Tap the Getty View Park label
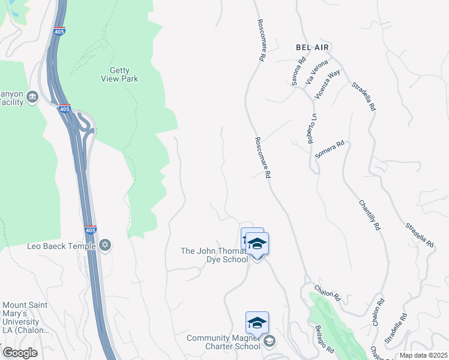[x=124, y=74]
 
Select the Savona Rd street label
[x=298, y=71]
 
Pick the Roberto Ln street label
[x=312, y=128]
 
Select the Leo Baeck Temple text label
[x=61, y=246]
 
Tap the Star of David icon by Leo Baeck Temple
[x=106, y=245]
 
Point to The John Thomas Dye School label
[x=214, y=255]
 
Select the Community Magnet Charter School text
[x=223, y=342]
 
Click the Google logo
[x=20, y=353]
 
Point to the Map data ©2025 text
[x=423, y=355]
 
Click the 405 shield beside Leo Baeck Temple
[x=90, y=230]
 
